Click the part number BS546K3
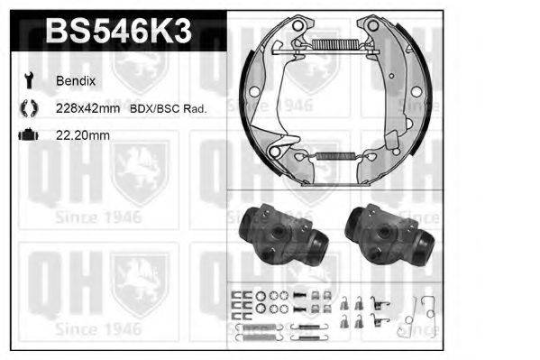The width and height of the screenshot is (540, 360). (116, 33)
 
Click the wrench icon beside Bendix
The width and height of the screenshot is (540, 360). (26, 80)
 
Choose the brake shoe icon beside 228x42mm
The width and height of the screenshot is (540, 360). (26, 108)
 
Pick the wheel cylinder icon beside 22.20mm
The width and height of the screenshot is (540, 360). (26, 135)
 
